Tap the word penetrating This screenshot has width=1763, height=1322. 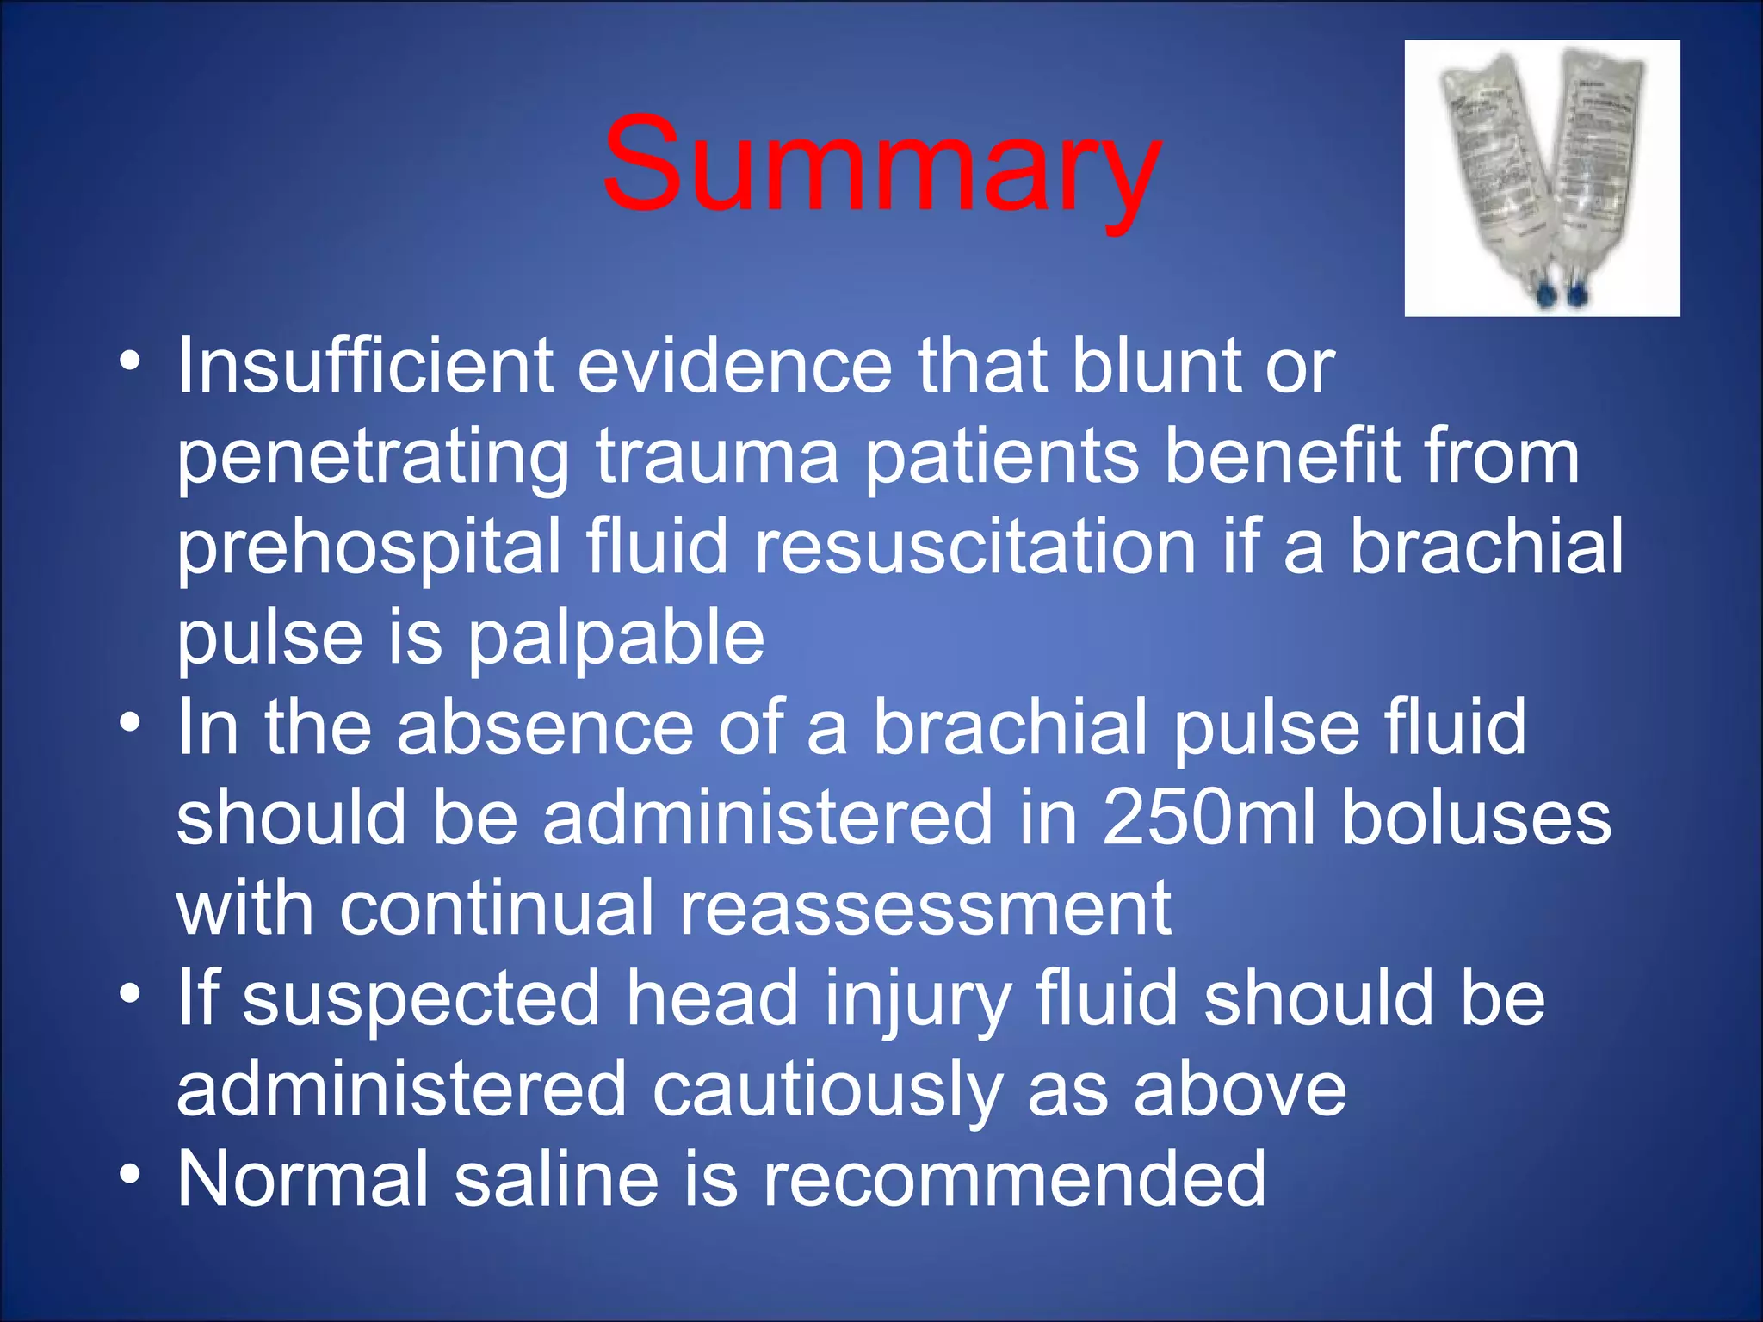(x=372, y=458)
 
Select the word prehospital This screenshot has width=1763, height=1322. (x=368, y=548)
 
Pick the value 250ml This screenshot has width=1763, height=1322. (x=1209, y=818)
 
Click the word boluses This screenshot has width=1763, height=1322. (x=1475, y=818)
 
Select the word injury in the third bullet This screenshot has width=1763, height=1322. (x=917, y=1000)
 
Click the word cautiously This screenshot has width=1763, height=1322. (x=826, y=1090)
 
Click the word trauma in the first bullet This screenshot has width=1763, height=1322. (x=717, y=458)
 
